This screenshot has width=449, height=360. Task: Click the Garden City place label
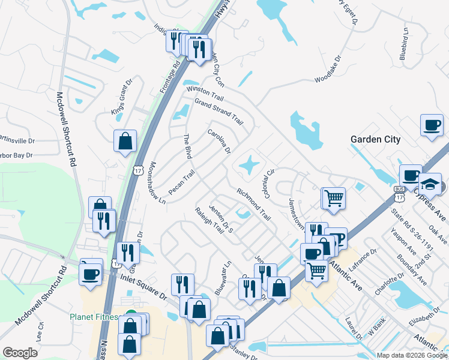coord(375,139)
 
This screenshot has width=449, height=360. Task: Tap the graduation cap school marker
coord(430,184)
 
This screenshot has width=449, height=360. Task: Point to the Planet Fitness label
coord(100,317)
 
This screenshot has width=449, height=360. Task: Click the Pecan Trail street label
coord(182,182)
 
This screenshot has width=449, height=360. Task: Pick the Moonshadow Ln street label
coord(157,183)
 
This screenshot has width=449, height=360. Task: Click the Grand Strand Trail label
coord(218,109)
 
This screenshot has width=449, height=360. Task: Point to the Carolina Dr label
coord(220,140)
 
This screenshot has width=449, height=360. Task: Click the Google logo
coord(20,353)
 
